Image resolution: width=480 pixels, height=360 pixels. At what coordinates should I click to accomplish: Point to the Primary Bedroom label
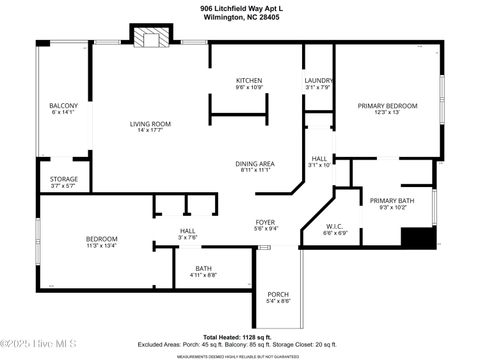tap(387, 108)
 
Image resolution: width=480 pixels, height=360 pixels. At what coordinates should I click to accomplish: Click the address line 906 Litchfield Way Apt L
tap(239, 7)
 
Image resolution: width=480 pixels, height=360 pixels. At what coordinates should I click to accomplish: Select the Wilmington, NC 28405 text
tap(239, 16)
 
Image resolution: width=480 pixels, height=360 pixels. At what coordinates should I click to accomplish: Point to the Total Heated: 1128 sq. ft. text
tap(239, 336)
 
